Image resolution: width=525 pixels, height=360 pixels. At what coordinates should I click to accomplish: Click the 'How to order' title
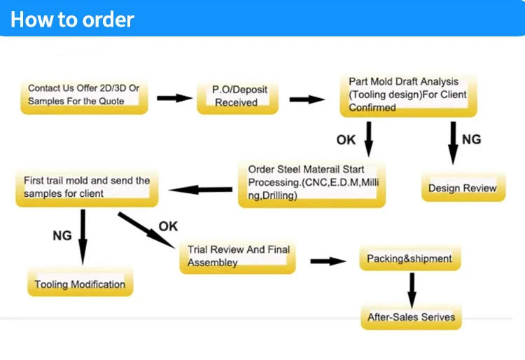(72, 19)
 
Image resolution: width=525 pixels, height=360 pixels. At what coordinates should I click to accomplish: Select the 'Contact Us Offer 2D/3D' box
(84, 95)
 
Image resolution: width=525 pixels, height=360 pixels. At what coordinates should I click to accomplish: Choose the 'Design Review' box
(462, 188)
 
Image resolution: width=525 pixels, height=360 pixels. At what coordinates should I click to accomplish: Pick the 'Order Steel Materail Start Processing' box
(311, 184)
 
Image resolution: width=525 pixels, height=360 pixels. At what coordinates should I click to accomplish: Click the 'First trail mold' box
(86, 188)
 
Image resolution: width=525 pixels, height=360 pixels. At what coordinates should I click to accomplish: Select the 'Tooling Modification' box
(80, 284)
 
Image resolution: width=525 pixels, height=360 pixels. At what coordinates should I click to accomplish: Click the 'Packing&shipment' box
(409, 259)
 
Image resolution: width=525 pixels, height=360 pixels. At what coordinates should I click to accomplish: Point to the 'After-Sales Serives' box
(411, 317)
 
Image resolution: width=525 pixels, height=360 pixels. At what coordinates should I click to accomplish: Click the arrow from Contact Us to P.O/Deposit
(174, 97)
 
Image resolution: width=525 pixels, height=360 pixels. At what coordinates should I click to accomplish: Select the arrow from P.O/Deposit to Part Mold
(307, 99)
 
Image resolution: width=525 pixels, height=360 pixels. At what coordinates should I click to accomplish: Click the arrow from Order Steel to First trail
(201, 189)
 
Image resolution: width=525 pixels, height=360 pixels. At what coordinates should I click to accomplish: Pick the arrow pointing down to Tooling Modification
(83, 237)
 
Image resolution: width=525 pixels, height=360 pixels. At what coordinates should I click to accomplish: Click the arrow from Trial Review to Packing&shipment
(328, 261)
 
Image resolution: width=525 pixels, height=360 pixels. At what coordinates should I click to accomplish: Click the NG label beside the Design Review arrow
(471, 139)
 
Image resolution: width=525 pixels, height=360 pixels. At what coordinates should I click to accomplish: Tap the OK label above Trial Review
(168, 226)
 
